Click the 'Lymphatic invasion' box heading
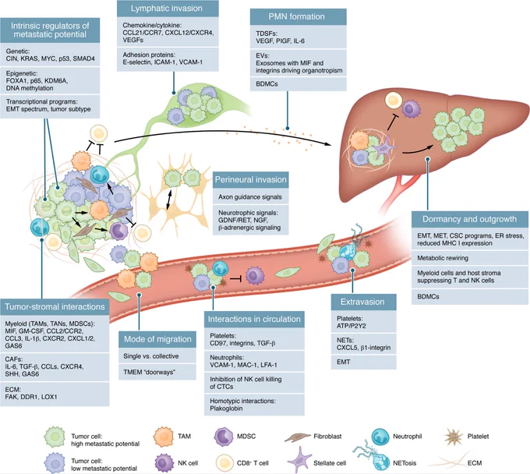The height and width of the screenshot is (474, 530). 167,9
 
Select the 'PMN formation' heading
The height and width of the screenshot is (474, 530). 296,16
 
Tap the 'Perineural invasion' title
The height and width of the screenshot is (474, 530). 251,179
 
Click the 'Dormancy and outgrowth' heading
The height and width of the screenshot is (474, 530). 469,219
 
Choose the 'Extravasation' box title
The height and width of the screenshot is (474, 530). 362,302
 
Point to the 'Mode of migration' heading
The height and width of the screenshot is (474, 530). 157,339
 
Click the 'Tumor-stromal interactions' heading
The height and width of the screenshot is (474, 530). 55,306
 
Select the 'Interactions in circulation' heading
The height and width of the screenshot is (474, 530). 254,319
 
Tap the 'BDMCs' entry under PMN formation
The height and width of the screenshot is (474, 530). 267,84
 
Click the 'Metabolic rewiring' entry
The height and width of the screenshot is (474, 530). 443,258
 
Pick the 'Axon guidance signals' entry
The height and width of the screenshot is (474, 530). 250,196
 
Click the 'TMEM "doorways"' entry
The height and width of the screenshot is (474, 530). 149,372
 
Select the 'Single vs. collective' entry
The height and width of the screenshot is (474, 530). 151,356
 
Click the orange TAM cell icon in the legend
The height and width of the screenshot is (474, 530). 164,437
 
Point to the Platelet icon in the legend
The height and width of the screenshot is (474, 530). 454,437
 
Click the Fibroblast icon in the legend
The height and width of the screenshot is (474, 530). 297,437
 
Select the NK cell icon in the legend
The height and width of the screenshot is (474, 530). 164,463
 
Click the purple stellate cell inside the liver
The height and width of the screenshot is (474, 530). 384,147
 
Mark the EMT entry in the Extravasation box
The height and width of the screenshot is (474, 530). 344,362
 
